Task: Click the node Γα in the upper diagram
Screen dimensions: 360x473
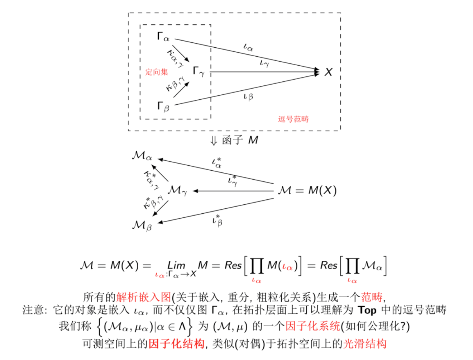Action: pos(163,37)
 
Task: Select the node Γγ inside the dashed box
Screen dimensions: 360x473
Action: pos(199,71)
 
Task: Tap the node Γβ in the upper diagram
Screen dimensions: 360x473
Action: pos(163,106)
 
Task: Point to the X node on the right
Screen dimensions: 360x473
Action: pos(328,72)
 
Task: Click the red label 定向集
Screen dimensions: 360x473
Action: pos(157,72)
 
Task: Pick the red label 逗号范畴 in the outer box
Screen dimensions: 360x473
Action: pos(293,119)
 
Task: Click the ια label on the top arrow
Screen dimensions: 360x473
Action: pos(248,47)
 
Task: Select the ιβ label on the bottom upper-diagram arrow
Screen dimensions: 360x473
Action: pos(248,96)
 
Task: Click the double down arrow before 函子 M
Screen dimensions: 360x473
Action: pos(214,141)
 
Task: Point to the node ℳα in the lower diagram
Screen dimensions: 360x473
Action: pos(142,156)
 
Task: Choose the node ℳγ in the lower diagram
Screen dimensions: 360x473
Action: pos(177,190)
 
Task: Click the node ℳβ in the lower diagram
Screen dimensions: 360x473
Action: pos(142,226)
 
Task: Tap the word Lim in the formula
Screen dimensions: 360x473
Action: pos(176,265)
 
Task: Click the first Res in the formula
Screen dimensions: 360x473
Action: pos(233,265)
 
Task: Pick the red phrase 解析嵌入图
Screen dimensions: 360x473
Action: pos(144,297)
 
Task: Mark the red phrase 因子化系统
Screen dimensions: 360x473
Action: pos(312,326)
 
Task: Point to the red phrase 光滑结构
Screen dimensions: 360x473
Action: pos(365,344)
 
